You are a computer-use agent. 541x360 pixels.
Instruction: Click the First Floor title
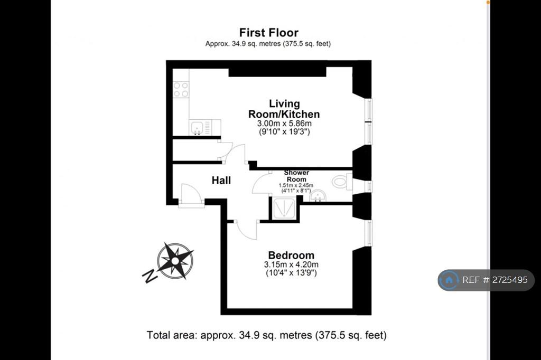269,32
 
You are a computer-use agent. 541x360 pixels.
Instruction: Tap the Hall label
221,181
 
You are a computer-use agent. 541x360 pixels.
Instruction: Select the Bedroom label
291,255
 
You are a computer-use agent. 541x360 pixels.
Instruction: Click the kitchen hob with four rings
181,89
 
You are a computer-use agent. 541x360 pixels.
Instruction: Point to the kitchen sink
197,128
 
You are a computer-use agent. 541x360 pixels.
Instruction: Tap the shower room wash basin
318,196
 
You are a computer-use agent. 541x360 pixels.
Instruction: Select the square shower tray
284,209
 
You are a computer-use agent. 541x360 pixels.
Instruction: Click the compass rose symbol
175,261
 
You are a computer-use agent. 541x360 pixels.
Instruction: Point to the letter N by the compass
150,276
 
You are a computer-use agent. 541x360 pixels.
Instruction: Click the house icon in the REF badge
449,280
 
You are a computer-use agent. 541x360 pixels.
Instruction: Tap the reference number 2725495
510,280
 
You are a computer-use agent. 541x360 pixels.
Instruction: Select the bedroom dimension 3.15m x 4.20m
291,264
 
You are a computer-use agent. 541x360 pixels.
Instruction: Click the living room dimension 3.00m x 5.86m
284,124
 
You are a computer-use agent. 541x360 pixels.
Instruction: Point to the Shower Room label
296,176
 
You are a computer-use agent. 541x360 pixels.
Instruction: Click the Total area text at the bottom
267,335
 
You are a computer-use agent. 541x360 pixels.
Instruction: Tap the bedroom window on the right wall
369,233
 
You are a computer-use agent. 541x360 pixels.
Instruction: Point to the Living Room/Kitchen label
284,109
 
